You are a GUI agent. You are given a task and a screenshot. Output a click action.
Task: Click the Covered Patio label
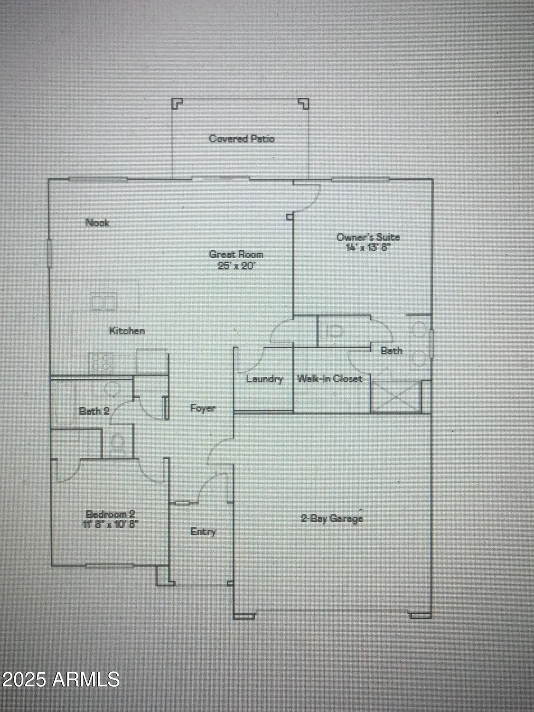241,139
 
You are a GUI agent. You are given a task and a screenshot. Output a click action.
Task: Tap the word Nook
97,222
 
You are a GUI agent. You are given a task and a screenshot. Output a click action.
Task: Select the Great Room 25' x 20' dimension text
236,266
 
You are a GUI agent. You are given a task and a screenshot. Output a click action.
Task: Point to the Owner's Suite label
368,237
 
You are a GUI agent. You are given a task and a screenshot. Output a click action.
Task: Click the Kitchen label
127,331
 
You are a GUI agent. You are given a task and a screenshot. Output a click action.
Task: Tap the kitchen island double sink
104,301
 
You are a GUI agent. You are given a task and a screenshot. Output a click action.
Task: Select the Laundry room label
264,379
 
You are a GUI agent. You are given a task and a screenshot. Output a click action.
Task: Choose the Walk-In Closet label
330,379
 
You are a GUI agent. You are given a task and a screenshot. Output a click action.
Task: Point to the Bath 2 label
94,411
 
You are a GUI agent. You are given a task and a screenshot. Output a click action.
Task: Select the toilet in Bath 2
117,444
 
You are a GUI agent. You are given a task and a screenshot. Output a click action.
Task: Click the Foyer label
203,408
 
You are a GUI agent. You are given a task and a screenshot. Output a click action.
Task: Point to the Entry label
203,532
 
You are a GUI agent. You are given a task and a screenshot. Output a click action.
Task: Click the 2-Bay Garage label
332,518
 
